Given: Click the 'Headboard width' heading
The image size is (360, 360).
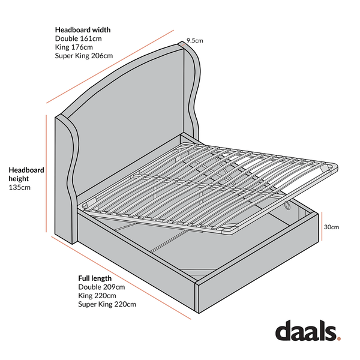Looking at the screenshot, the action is (x=83, y=30).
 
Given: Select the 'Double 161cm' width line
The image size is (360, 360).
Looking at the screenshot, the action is (x=78, y=38).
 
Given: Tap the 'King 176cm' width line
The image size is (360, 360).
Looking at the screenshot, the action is (x=74, y=47).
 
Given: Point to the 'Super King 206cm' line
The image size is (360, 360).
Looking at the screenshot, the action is (x=84, y=56).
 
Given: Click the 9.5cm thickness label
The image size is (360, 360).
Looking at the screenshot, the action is (x=194, y=41).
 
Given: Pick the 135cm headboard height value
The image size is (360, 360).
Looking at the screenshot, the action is (x=20, y=187).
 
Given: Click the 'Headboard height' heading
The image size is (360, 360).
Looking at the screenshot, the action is (x=26, y=174).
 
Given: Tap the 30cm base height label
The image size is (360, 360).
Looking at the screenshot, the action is (x=331, y=227).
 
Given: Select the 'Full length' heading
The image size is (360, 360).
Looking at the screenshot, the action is (x=95, y=278).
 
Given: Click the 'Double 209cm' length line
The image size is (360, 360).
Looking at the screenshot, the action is (x=101, y=287).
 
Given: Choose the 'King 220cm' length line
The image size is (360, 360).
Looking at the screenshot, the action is (x=97, y=296).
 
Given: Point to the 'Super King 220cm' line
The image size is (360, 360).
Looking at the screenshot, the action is (x=107, y=304).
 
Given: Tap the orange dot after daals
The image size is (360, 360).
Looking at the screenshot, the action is (x=339, y=338).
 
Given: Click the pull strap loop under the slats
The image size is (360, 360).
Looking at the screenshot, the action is (x=287, y=205).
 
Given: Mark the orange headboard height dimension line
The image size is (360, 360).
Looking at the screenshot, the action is (x=46, y=173).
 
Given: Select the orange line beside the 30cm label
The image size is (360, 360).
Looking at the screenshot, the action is (x=322, y=226).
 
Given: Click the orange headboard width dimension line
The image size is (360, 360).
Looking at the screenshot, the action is (x=110, y=67).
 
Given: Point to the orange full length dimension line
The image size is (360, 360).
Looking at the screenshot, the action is (x=121, y=278).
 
